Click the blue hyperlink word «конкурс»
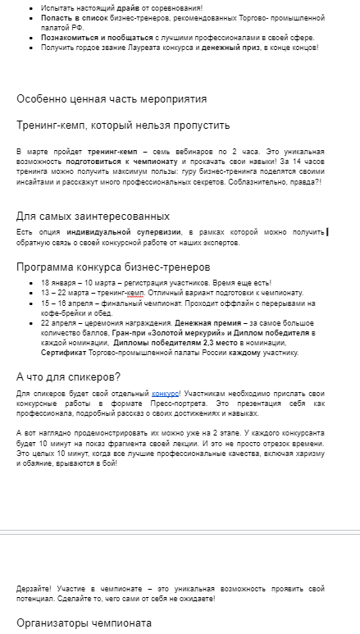tap(165, 394)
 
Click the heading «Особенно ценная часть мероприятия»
tap(112, 99)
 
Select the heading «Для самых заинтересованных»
tap(93, 217)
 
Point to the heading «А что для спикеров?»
tap(69, 376)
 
